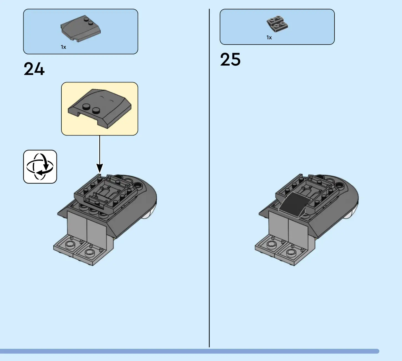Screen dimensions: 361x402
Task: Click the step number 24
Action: coord(34,69)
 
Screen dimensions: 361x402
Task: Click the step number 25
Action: coord(230,59)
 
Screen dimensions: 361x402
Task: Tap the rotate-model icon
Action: coord(40,167)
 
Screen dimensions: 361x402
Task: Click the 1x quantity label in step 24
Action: coord(63,47)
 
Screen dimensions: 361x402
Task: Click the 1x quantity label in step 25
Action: coord(269,38)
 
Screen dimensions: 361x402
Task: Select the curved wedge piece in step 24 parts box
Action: coord(81,28)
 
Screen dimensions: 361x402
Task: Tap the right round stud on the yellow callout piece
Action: coord(96,111)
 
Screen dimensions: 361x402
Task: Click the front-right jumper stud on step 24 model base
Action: coord(89,252)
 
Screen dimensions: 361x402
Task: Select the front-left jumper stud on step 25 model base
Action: coord(271,244)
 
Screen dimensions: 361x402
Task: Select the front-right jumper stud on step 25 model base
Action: coord(291,252)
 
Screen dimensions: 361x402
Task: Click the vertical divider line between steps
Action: coord(209,177)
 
